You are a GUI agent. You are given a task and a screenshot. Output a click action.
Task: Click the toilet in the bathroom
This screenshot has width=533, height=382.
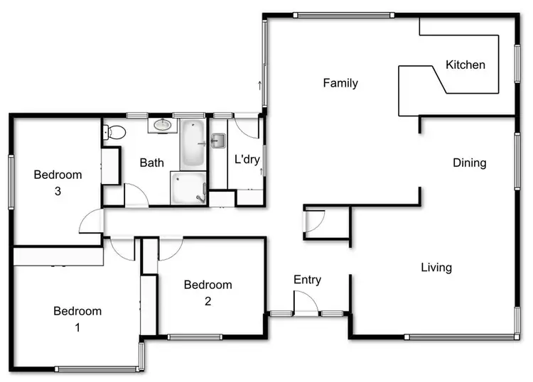(x=114, y=132)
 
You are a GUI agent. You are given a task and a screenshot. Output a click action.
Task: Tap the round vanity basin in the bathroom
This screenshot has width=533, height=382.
(x=163, y=126)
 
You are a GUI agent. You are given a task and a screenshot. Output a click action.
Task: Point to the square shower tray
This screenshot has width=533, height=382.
(x=188, y=187)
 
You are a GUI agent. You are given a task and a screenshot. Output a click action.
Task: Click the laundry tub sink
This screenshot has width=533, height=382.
(x=217, y=141)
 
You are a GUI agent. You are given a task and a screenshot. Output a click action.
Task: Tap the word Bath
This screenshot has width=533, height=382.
(x=151, y=163)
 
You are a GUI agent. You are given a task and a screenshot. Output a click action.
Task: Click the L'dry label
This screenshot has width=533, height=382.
(x=247, y=160)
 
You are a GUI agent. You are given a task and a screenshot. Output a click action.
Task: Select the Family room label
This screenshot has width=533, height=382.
(x=340, y=83)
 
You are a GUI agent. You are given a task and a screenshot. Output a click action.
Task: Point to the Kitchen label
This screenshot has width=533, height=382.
(x=465, y=65)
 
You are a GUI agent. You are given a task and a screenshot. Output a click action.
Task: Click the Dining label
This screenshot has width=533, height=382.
(x=470, y=163)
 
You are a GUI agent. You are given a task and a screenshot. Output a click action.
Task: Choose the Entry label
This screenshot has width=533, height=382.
(x=307, y=280)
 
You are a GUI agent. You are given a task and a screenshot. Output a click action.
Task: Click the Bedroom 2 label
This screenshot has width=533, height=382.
(x=208, y=293)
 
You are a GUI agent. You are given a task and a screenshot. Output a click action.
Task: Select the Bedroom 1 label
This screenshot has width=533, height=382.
(x=77, y=320)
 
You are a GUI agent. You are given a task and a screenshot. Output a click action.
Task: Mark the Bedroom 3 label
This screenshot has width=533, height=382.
(x=58, y=182)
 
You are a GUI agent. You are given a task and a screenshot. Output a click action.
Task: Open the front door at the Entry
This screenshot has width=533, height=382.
(x=306, y=304)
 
